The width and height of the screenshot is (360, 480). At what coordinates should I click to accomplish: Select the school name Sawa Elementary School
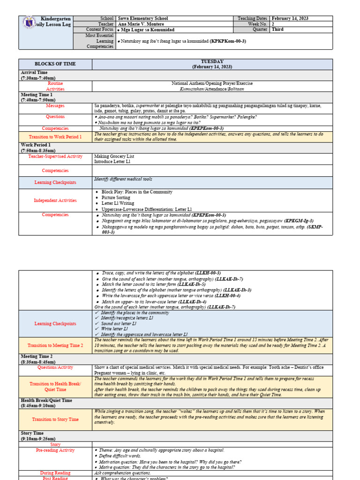(x=143, y=18)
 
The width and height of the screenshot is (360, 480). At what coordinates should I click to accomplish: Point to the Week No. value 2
(x=273, y=24)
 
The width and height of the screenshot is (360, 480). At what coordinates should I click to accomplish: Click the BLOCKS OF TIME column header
(x=55, y=64)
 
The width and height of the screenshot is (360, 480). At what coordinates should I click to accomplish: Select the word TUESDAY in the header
(x=212, y=61)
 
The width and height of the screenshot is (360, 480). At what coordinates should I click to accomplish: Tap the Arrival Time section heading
(x=34, y=73)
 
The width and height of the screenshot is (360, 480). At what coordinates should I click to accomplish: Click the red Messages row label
(x=55, y=105)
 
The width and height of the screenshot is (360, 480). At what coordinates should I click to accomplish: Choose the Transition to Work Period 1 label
(x=55, y=137)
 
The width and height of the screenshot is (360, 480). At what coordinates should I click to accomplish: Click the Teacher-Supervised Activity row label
(x=55, y=157)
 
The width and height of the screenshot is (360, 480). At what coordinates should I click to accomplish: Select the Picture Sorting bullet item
(x=117, y=198)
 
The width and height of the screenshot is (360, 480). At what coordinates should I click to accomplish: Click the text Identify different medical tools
(x=123, y=180)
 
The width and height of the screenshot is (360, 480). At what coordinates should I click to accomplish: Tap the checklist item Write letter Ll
(x=114, y=329)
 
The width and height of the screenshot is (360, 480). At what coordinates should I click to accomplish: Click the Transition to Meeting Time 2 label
(x=55, y=345)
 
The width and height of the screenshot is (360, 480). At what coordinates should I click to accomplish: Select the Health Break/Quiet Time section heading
(x=46, y=400)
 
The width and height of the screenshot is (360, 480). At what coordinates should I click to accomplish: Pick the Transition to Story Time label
(x=55, y=420)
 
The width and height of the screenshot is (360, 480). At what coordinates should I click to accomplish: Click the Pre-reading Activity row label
(x=55, y=450)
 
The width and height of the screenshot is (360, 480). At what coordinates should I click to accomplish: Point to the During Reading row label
(x=55, y=473)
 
